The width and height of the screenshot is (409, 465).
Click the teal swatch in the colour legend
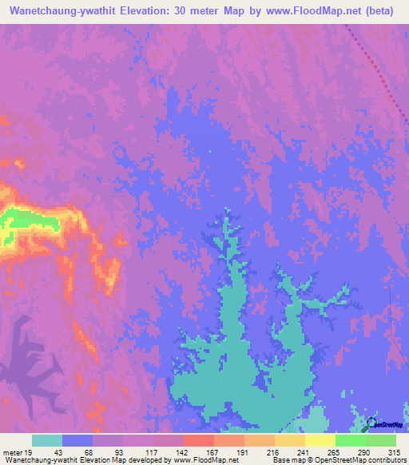[47, 440]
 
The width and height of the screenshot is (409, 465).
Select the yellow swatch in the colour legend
[320, 440]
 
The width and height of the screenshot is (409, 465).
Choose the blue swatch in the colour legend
[77, 440]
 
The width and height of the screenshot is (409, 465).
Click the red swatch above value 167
[198, 440]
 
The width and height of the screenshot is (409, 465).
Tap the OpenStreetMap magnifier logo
[371, 423]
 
